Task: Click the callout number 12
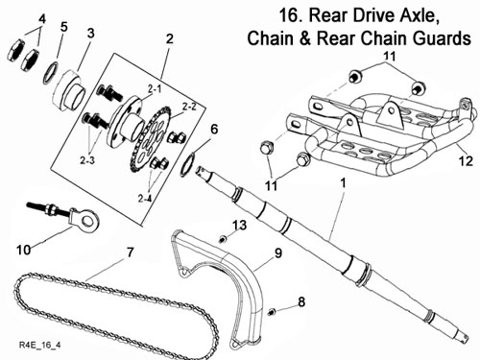(466, 160)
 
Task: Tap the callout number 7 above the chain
(130, 252)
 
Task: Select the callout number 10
(24, 250)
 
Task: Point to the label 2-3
(87, 160)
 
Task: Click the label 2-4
(145, 199)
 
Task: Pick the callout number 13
(239, 225)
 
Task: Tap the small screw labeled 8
(272, 311)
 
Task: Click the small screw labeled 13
(223, 239)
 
